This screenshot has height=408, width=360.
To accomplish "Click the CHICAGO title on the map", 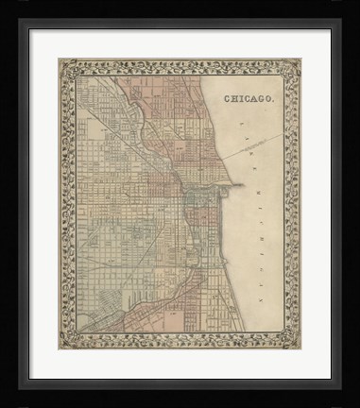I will (x=249, y=97).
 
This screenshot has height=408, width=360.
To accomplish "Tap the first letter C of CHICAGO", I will (x=228, y=97).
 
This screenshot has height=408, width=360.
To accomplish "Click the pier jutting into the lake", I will (x=233, y=185).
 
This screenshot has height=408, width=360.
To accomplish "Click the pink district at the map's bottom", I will (x=180, y=312).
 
